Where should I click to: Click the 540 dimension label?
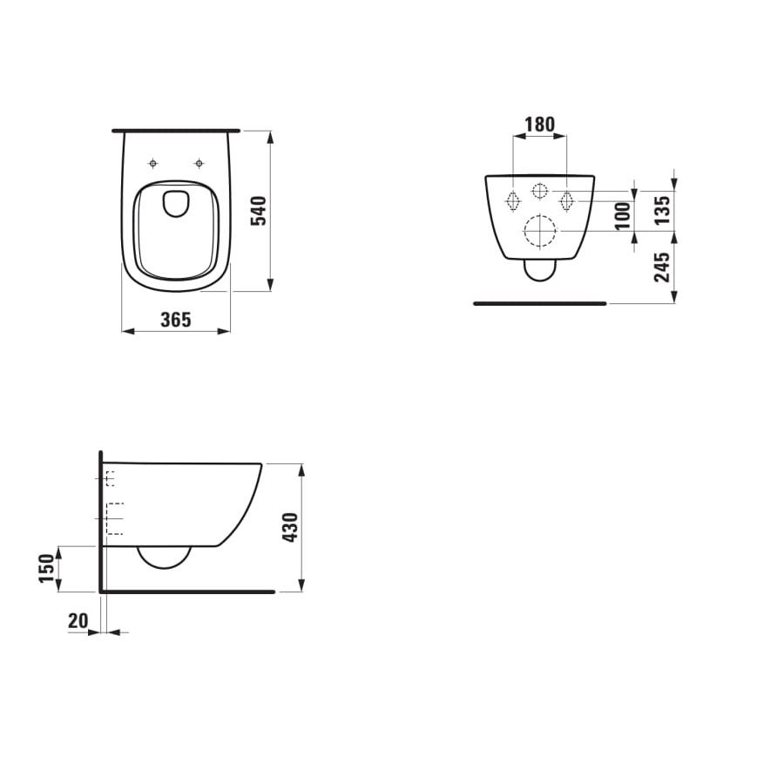[258, 211]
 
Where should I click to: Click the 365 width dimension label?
[175, 320]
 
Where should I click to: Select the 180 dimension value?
[539, 125]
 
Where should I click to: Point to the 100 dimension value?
[621, 215]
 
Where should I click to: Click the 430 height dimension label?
[290, 528]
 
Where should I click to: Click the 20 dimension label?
[78, 620]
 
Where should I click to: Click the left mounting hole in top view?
[153, 163]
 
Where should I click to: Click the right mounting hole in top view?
[199, 163]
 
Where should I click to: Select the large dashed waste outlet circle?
[540, 230]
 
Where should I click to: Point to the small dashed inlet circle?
[540, 191]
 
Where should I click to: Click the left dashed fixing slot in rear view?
[513, 201]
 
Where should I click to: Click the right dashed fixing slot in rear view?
[567, 201]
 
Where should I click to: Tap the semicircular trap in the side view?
[165, 558]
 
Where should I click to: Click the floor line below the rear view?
[539, 303]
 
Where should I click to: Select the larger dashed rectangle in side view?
[114, 518]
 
